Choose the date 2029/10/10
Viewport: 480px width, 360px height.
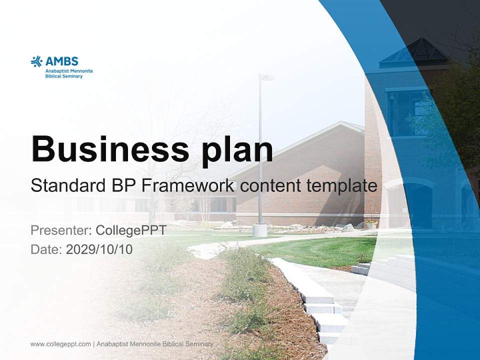[x=99, y=249]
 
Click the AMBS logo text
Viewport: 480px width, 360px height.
[x=62, y=61]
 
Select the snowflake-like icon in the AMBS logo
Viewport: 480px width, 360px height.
[x=36, y=61]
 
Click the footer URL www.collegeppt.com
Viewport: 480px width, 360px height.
[x=60, y=344]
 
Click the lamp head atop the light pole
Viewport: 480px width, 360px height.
[x=265, y=77]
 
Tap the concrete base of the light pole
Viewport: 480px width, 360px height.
[x=259, y=230]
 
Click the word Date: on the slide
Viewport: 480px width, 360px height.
[x=46, y=249]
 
